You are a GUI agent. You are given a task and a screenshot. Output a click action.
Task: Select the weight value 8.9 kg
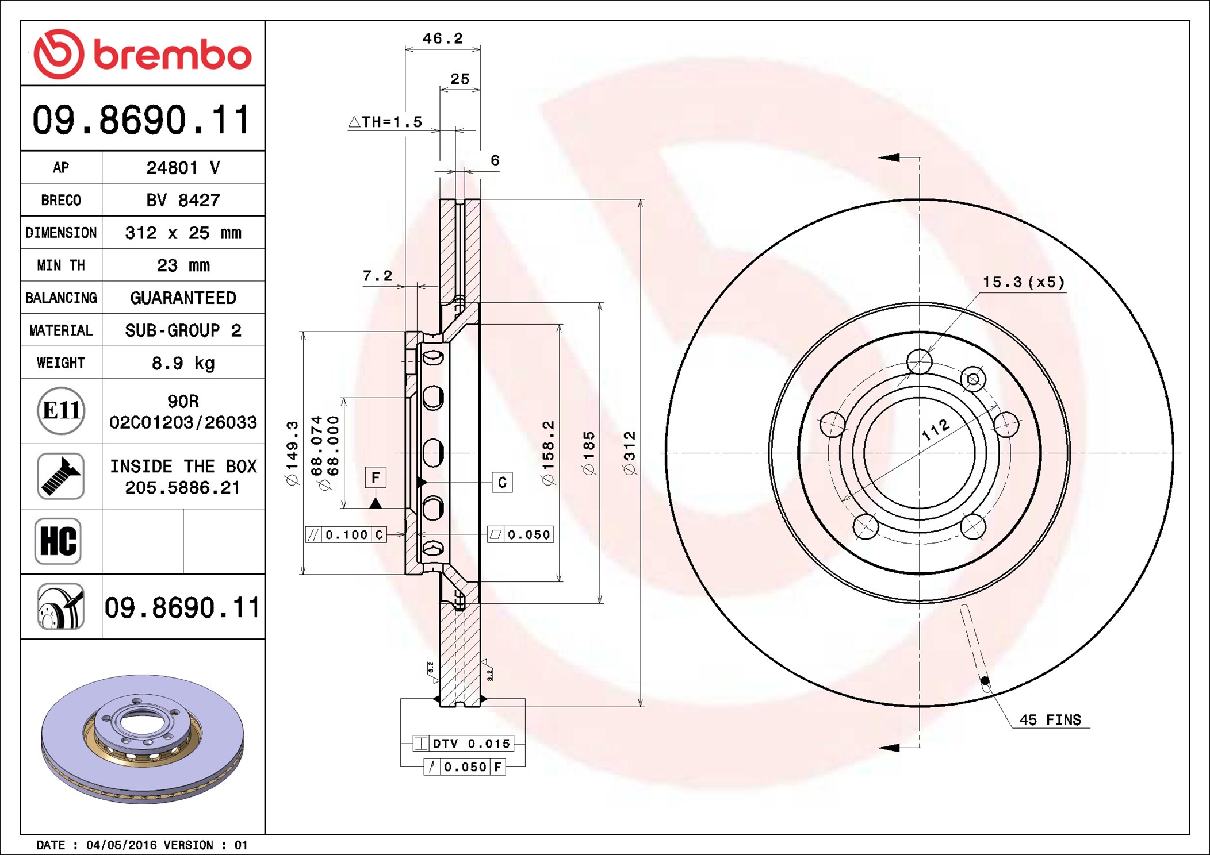(183, 363)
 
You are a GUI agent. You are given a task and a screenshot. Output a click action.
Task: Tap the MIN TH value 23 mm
(183, 265)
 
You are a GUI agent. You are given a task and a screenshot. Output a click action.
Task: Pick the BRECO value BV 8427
(183, 200)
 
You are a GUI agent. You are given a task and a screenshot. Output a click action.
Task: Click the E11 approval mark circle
(61, 410)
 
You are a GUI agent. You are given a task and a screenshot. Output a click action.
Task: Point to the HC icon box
(58, 541)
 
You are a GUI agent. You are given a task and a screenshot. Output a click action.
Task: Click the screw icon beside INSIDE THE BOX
(61, 476)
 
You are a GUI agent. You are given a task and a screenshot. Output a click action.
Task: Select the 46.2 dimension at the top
(442, 38)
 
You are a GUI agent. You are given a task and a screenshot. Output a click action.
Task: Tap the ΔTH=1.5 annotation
(385, 122)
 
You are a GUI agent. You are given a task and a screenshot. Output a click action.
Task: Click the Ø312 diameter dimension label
(630, 453)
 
